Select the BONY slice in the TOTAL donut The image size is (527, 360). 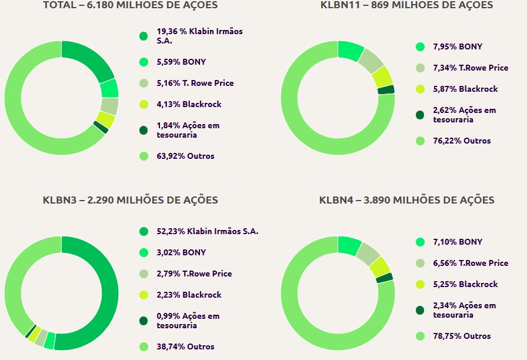click(x=109, y=88)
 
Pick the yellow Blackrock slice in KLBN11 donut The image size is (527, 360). click(x=382, y=76)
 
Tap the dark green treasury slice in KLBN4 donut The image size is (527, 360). click(x=385, y=278)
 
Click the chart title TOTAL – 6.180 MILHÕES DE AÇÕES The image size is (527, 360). click(x=130, y=5)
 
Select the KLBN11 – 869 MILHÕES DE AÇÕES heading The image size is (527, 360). click(x=406, y=5)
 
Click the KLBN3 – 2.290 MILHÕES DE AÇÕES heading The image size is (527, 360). click(x=130, y=200)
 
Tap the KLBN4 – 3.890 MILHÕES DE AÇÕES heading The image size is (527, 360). click(x=406, y=200)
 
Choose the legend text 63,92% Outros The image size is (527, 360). click(x=185, y=156)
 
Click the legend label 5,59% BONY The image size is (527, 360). click(x=181, y=62)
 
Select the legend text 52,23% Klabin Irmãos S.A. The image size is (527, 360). click(x=207, y=231)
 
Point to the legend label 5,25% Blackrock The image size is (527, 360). click(x=465, y=284)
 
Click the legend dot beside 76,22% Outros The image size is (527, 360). click(x=420, y=141)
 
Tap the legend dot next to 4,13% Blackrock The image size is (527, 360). click(x=144, y=104)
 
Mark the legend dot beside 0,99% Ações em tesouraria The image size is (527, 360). click(x=144, y=321)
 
